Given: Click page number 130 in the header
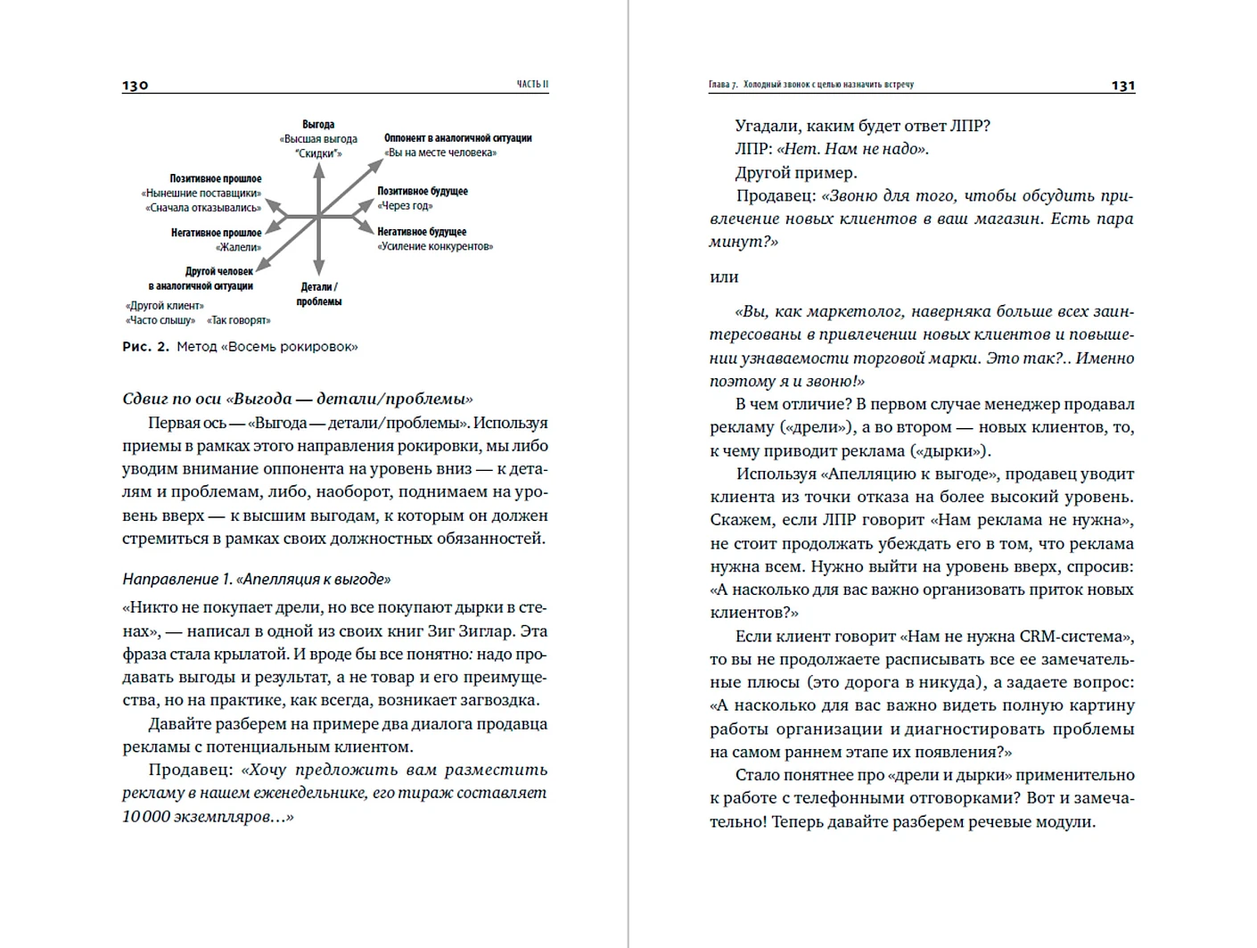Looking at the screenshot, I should (136, 86).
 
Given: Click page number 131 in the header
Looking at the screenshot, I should (1123, 86).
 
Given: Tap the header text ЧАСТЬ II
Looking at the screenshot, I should (533, 85).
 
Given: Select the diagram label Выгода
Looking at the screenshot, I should (318, 125).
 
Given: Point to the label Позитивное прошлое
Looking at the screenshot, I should (216, 179).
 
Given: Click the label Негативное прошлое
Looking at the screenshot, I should (217, 233).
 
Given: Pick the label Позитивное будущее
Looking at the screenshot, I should (422, 192).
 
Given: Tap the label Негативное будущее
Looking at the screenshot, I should (422, 232).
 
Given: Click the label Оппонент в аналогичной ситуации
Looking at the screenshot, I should (457, 138).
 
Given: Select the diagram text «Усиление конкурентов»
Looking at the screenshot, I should (435, 246).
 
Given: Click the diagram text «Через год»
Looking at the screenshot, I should (405, 206).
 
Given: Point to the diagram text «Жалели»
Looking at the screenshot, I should (239, 247).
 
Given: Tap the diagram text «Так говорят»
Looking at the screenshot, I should (239, 320).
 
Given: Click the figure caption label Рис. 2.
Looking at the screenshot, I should (145, 347).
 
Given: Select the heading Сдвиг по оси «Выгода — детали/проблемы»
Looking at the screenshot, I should (298, 399).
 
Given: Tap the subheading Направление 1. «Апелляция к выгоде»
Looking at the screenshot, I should (257, 579).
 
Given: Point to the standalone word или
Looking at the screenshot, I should (724, 277).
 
